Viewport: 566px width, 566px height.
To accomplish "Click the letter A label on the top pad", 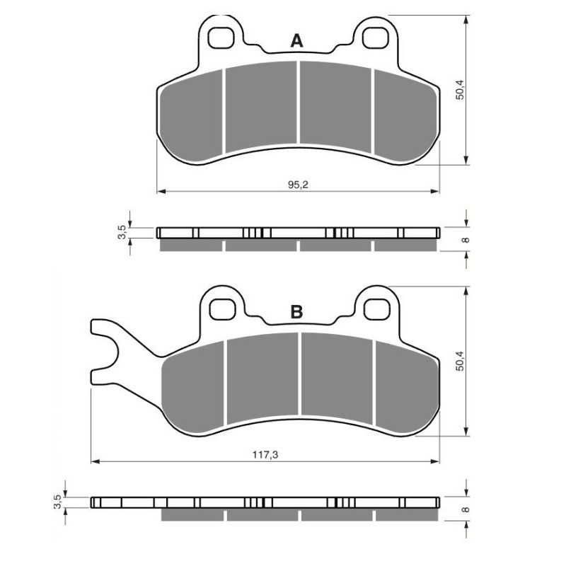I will click(x=297, y=42).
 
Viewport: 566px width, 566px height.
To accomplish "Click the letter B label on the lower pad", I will click(x=297, y=312).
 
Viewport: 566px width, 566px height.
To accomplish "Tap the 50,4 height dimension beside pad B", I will click(x=460, y=361).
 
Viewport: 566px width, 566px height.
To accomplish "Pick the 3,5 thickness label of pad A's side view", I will click(x=122, y=231).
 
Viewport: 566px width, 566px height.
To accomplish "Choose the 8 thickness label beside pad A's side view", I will click(x=465, y=240).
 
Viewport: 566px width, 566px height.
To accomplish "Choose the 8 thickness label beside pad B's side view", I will click(x=465, y=509).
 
